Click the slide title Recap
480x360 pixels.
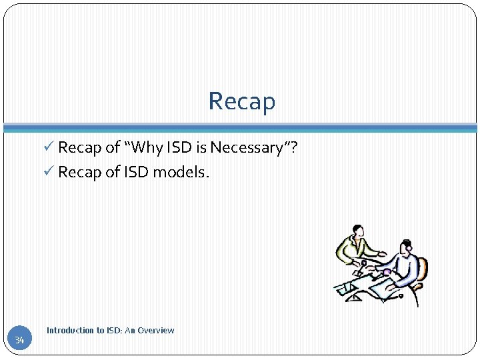pyautogui.click(x=241, y=101)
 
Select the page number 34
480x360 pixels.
pyautogui.click(x=19, y=341)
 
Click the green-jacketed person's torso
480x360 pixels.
pyautogui.click(x=351, y=252)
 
